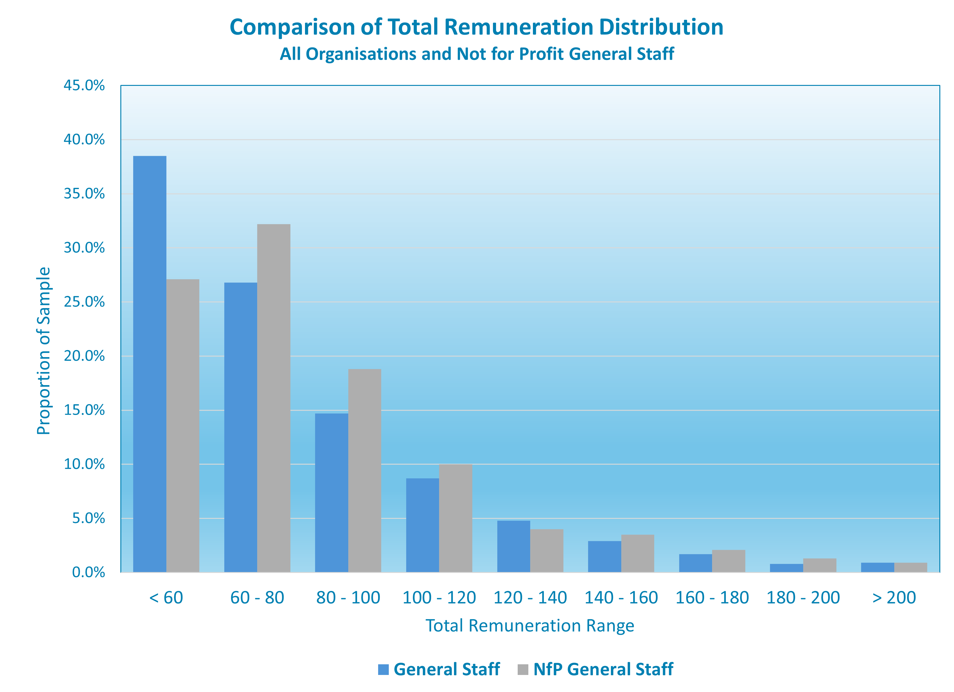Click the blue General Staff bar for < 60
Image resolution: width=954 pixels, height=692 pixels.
coord(149,364)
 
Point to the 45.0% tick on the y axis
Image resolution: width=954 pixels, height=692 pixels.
coord(84,86)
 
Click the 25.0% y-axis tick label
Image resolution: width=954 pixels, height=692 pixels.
coord(84,302)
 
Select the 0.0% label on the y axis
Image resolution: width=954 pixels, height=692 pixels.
coord(88,572)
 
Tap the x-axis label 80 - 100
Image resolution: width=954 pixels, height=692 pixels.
coord(348,597)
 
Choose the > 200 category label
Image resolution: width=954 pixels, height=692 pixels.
coord(894,597)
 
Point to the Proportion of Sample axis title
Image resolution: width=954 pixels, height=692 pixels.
coord(44,351)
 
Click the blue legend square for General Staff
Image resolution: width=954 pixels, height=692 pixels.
coord(383,669)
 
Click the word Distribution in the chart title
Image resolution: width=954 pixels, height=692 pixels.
coord(661,27)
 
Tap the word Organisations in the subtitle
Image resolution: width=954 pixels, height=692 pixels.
coord(360,54)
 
